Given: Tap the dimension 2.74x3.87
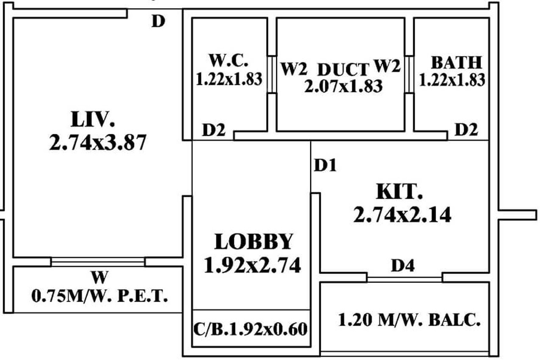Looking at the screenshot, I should pyautogui.click(x=98, y=142).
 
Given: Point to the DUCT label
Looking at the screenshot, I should pyautogui.click(x=342, y=69).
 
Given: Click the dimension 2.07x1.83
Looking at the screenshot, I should pyautogui.click(x=343, y=86).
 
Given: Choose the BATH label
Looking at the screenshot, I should pyautogui.click(x=456, y=63).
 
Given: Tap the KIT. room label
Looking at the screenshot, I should pyautogui.click(x=399, y=192).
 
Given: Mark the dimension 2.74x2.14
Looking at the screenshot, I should pyautogui.click(x=402, y=215).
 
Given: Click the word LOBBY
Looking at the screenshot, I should pyautogui.click(x=253, y=242).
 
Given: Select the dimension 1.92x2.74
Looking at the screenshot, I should pyautogui.click(x=252, y=266).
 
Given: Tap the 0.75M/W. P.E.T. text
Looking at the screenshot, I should pyautogui.click(x=100, y=296).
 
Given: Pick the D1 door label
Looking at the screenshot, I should pyautogui.click(x=325, y=166).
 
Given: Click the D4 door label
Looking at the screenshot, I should pyautogui.click(x=402, y=266).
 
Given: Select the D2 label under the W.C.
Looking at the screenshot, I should pyautogui.click(x=213, y=130).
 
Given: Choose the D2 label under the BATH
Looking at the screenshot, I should pyautogui.click(x=466, y=130).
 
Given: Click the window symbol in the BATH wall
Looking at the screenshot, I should pyautogui.click(x=409, y=74).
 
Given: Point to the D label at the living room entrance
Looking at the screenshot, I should pyautogui.click(x=158, y=21).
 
